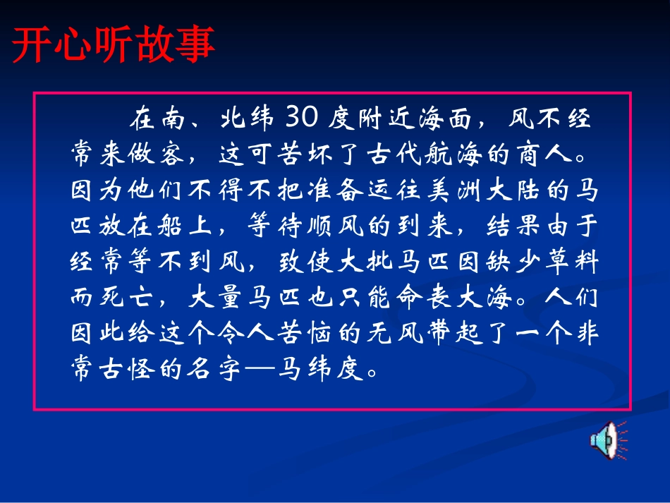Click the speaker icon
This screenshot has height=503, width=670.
[609, 440]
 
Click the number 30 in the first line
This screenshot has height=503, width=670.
[302, 116]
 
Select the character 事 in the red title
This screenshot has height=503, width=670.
[195, 44]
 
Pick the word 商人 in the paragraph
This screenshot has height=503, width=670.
[545, 154]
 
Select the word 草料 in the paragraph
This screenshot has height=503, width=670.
[572, 261]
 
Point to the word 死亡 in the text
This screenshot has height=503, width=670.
[126, 296]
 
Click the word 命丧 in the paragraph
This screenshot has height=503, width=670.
[422, 296]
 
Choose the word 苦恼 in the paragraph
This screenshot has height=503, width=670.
[304, 332]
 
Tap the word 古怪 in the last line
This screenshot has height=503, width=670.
[126, 368]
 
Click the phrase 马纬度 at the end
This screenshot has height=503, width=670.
[320, 368]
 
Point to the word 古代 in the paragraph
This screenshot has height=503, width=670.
[394, 154]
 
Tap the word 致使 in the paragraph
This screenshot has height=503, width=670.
[306, 261]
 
